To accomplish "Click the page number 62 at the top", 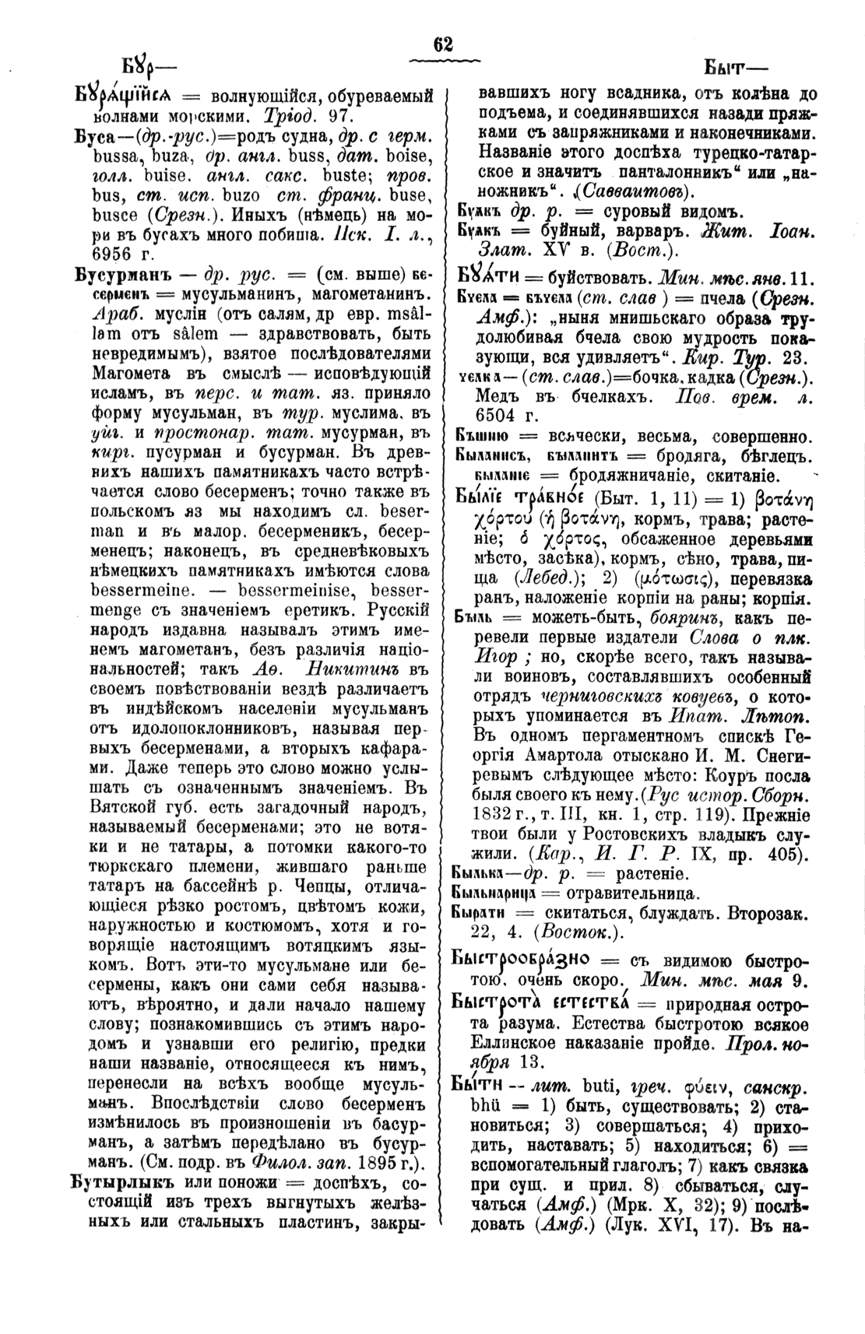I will [x=443, y=44].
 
